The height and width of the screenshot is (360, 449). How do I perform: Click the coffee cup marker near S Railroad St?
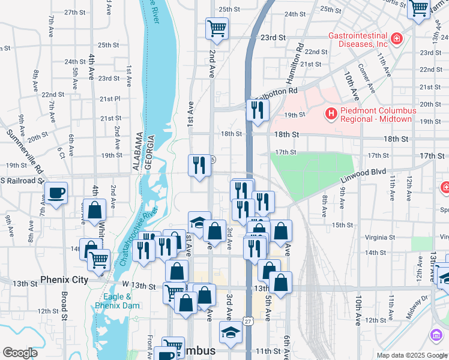click(x=56, y=193)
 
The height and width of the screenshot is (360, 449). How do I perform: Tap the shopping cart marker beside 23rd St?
click(x=217, y=28)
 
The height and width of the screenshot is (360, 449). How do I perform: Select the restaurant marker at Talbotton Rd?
click(x=258, y=110)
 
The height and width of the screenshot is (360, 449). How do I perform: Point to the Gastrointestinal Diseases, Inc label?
click(x=357, y=40)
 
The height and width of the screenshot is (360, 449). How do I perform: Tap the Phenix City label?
click(x=64, y=280)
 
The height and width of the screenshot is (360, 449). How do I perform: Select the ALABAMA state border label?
click(x=137, y=151)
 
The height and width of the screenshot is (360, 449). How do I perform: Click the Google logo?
click(x=20, y=353)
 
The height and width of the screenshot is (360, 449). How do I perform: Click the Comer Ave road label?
click(x=367, y=78)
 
